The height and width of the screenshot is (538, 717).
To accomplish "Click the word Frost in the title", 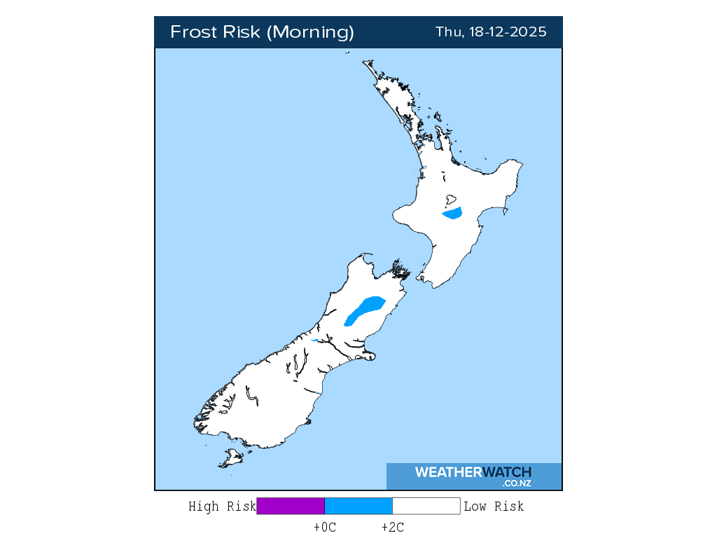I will pyautogui.click(x=194, y=32).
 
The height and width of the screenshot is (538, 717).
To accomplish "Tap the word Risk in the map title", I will pyautogui.click(x=243, y=32).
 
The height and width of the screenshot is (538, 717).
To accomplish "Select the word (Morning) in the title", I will pyautogui.click(x=312, y=32).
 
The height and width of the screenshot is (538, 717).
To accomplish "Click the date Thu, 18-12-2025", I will pyautogui.click(x=491, y=32).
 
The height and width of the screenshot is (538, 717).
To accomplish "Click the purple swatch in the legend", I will pyautogui.click(x=291, y=506).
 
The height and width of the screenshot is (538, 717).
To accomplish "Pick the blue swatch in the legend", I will pyautogui.click(x=358, y=506).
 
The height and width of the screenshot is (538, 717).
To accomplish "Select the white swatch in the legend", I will pyautogui.click(x=426, y=506).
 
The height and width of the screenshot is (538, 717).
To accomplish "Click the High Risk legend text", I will pyautogui.click(x=222, y=506).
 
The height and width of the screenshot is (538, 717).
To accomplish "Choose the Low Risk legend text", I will pyautogui.click(x=494, y=506).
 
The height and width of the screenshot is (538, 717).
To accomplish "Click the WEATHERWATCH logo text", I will pyautogui.click(x=473, y=472).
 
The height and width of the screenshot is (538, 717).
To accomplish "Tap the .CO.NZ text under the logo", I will pyautogui.click(x=517, y=483).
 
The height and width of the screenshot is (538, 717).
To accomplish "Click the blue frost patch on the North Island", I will pyautogui.click(x=452, y=213).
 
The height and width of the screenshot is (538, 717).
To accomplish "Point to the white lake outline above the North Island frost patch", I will pyautogui.click(x=452, y=198).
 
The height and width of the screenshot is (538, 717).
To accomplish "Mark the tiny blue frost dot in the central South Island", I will pyautogui.click(x=315, y=340).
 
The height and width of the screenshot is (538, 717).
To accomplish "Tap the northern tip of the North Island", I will pyautogui.click(x=365, y=62).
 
